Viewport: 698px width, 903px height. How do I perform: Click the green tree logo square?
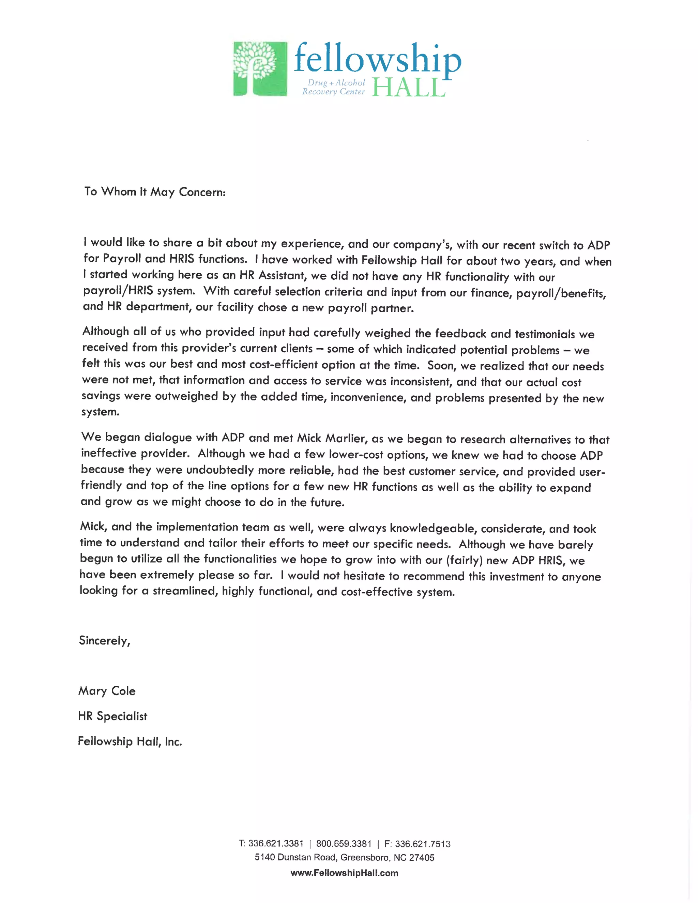tap(260, 68)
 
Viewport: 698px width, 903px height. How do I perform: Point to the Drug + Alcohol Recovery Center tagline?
tap(334, 87)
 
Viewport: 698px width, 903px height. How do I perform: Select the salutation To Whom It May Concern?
tap(155, 192)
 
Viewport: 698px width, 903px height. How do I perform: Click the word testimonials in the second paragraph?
tap(545, 334)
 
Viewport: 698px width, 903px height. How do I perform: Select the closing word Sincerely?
tap(104, 641)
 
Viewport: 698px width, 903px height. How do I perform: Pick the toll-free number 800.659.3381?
tap(344, 844)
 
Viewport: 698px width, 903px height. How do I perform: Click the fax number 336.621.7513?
tap(422, 844)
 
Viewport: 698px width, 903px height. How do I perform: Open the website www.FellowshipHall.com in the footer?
tap(344, 873)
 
